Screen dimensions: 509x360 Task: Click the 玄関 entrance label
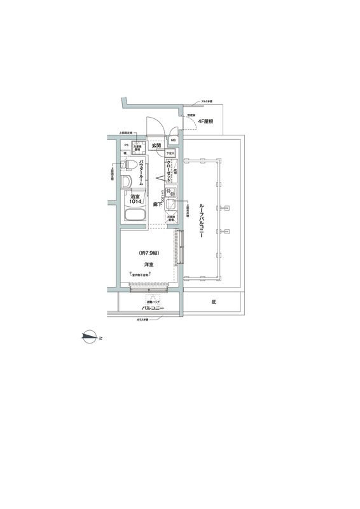tap(156, 146)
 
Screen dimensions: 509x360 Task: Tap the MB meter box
tap(173, 140)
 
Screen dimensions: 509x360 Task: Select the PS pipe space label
tap(126, 146)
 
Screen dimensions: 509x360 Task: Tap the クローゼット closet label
tap(169, 171)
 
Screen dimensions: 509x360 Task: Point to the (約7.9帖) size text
tap(149, 253)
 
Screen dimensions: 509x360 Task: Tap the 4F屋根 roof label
tap(205, 121)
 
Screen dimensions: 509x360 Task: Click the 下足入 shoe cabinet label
tap(170, 153)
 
